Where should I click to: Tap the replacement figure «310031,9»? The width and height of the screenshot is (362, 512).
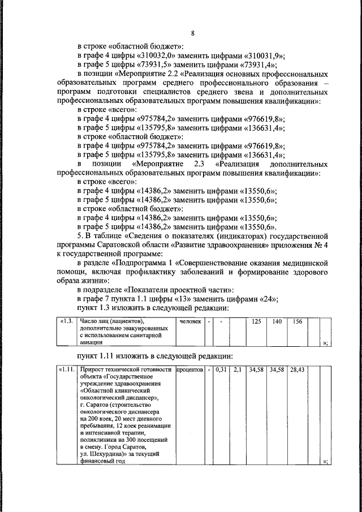[x=264, y=55]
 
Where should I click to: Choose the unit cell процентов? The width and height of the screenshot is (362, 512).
[x=189, y=370]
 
